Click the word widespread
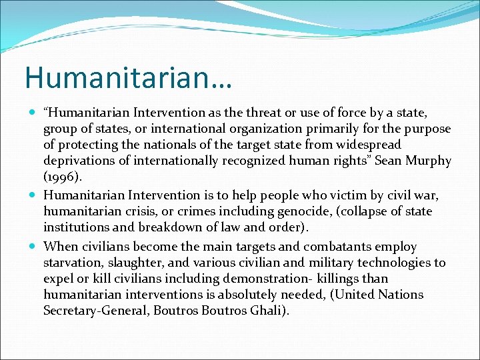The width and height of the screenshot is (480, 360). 377,145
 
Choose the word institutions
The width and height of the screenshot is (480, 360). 76,227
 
